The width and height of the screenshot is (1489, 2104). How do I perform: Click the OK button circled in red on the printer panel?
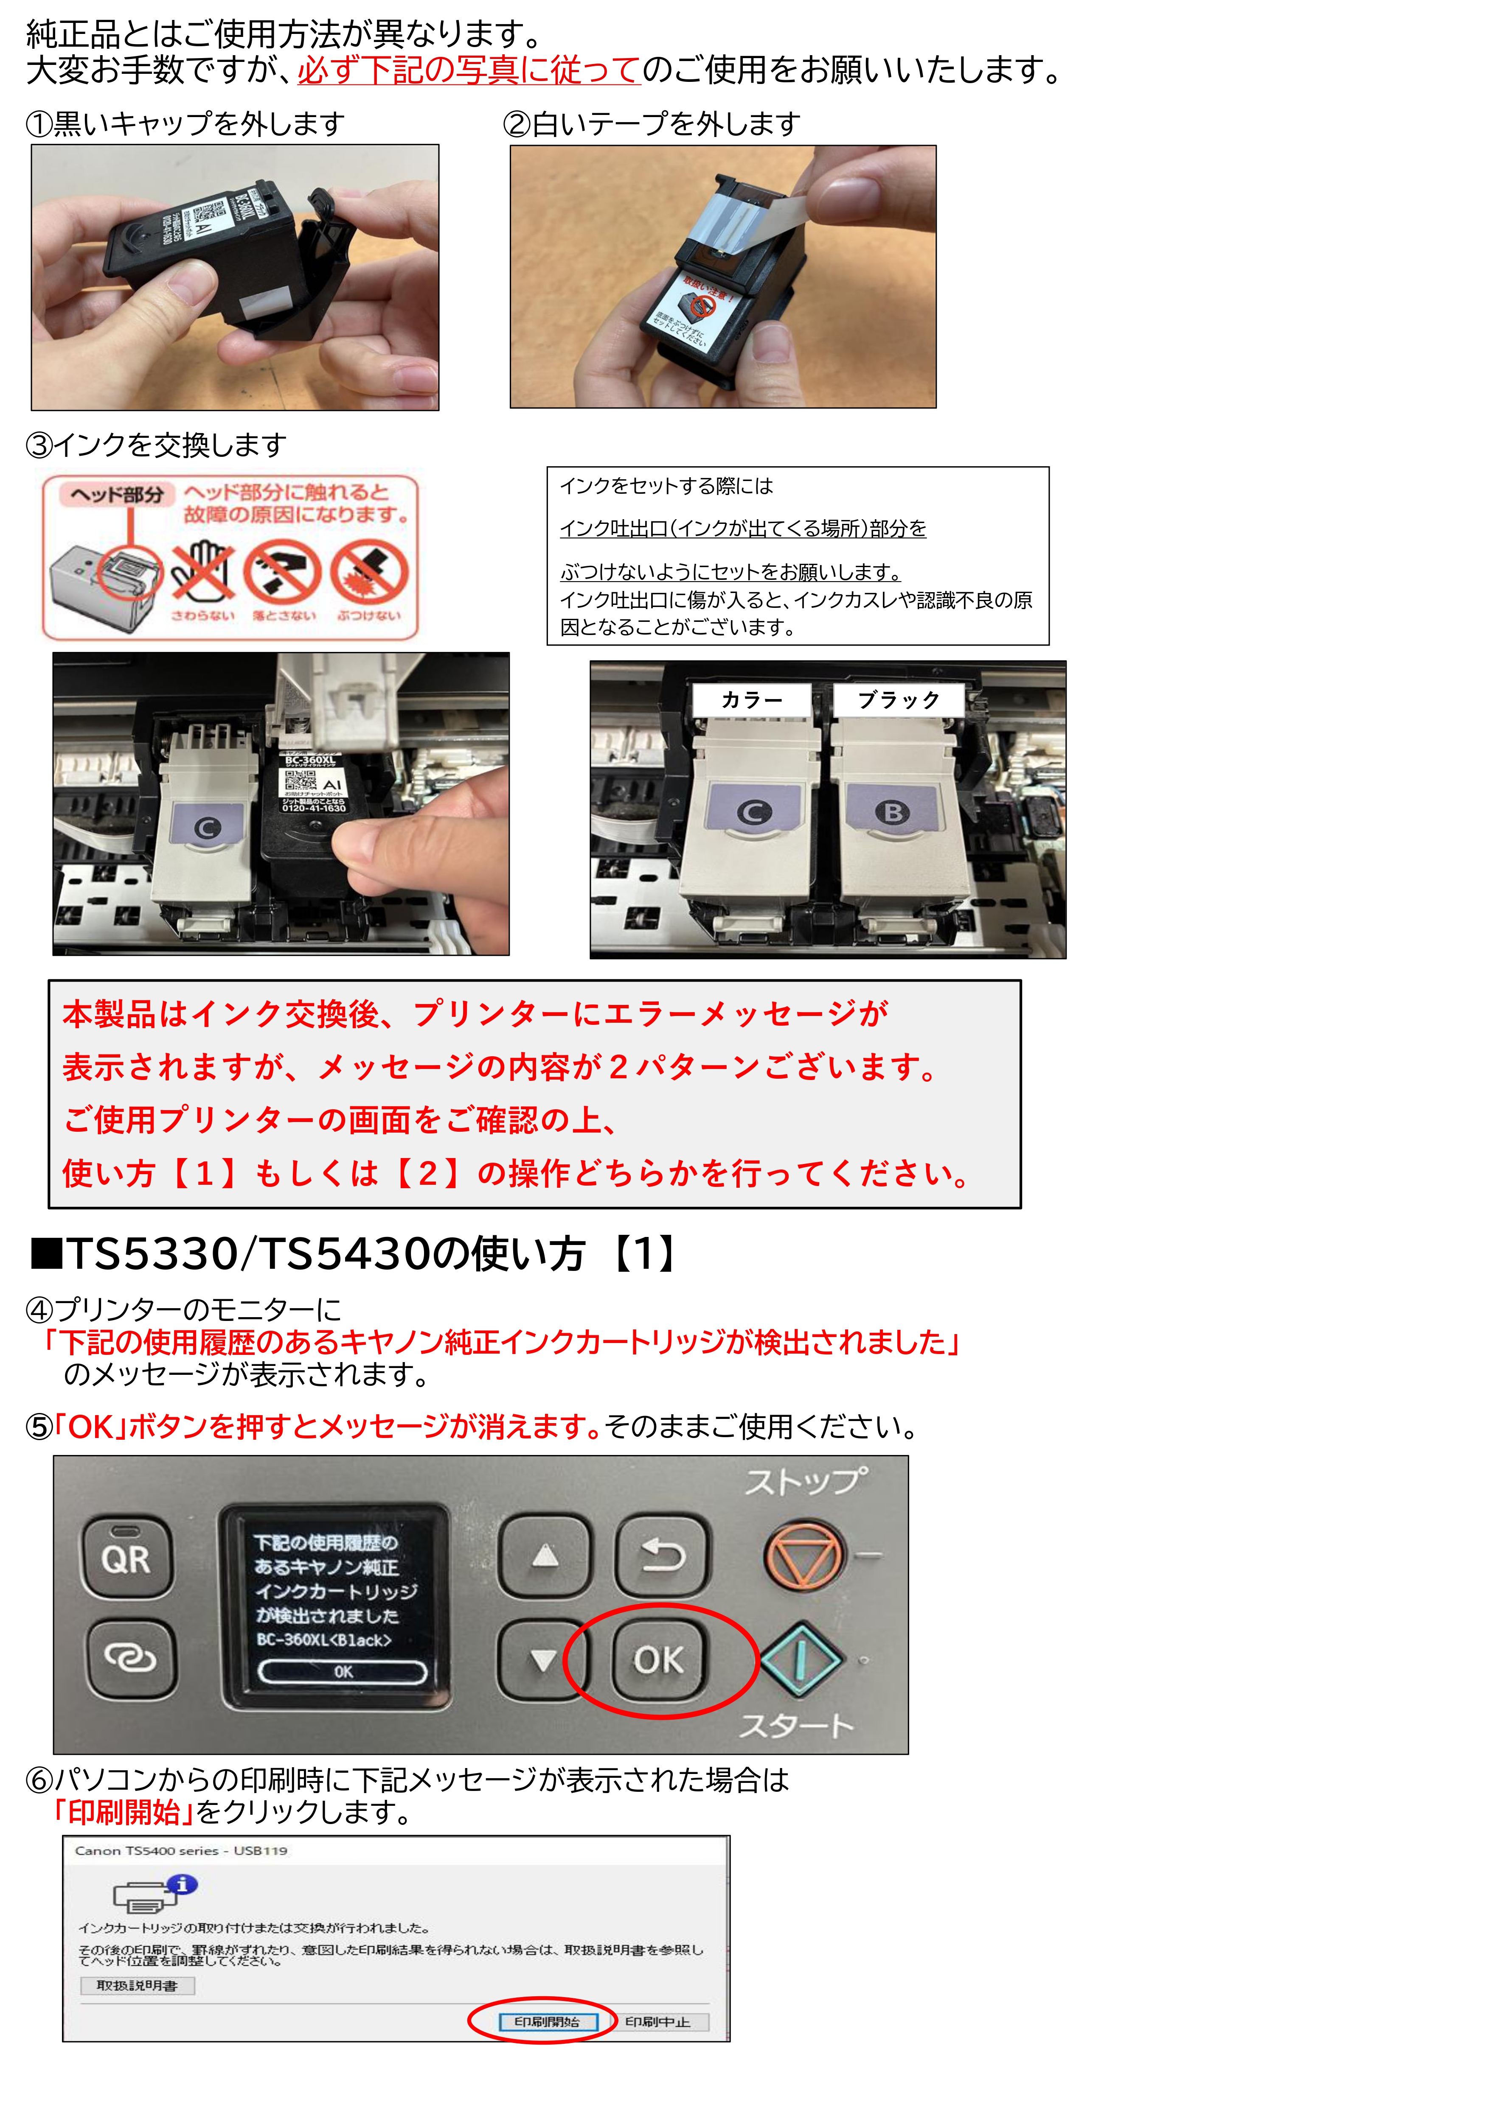coord(658,1659)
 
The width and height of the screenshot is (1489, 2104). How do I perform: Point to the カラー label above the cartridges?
coord(752,700)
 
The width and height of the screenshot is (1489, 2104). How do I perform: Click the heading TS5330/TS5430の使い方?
coord(353,1253)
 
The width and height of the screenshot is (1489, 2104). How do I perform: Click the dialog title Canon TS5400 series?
coord(182,1850)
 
